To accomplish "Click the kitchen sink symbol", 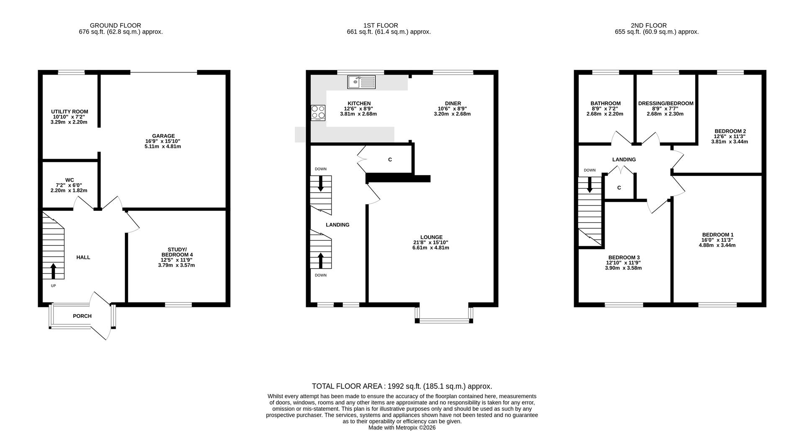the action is (361, 82).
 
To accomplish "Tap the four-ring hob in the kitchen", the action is (318, 113).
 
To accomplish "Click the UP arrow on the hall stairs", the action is (53, 271).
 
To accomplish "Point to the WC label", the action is (70, 180).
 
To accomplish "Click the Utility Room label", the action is (70, 112).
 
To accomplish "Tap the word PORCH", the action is (82, 316).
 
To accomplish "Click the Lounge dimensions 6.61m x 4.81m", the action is (430, 248).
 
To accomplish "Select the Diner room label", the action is (453, 103).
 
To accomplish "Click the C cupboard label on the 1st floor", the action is (390, 160).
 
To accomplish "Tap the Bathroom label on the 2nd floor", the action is (606, 103).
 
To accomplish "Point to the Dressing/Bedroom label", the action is (666, 103).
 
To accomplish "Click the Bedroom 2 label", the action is (730, 131).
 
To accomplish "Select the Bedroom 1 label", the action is (718, 235).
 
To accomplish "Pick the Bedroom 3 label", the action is (624, 258).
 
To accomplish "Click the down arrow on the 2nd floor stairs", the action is (590, 185).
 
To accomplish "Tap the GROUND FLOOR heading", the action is (116, 26).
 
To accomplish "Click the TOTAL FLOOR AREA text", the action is (348, 386).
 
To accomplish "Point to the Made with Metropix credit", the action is (402, 428).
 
